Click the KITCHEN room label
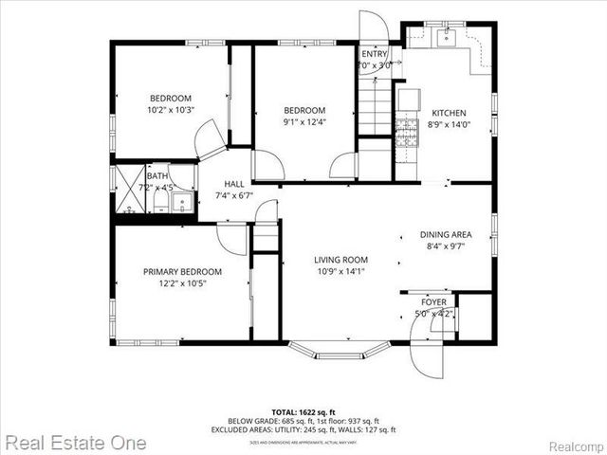coord(447,113)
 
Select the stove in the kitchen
coord(407,134)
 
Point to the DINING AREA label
coord(447,234)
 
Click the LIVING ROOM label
coord(341,259)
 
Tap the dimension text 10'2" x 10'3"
coord(171,110)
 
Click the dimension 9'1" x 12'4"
coord(304,121)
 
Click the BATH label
coord(157,175)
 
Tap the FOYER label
coord(434,300)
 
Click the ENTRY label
coord(374,54)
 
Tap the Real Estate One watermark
coord(74,443)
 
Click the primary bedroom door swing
coord(230,238)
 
